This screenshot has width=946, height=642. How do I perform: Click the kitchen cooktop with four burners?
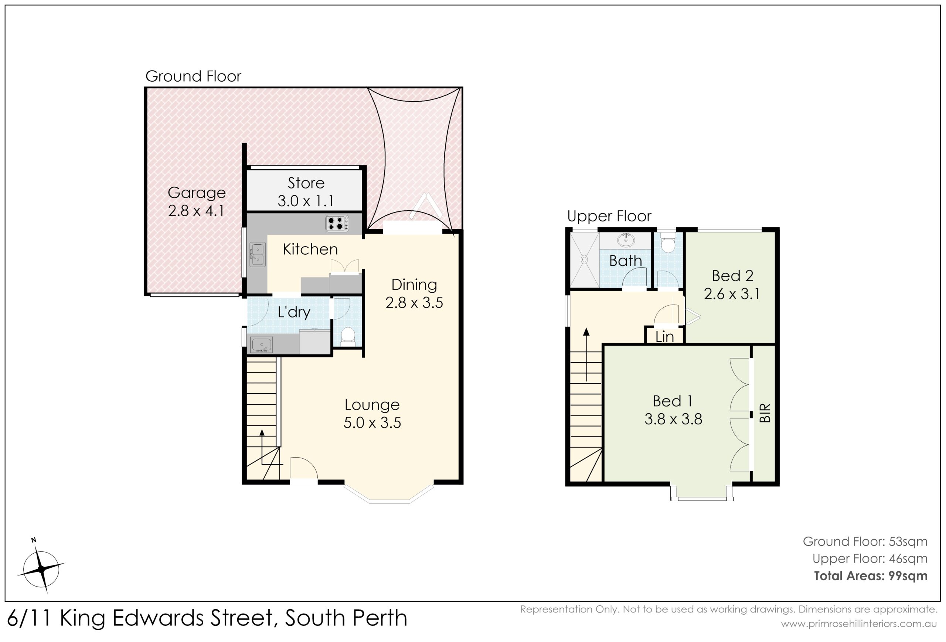(337, 224)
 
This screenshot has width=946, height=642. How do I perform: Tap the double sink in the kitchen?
(258, 255)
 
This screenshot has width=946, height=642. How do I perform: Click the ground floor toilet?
(348, 336)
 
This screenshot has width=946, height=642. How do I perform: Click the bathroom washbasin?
(626, 240)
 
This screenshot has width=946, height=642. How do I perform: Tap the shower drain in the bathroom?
(585, 258)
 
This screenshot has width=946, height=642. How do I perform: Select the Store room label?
(306, 183)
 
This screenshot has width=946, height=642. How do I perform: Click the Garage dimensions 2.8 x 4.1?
(196, 210)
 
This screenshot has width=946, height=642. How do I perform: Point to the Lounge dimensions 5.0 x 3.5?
(372, 422)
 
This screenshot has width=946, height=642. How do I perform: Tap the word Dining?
(414, 285)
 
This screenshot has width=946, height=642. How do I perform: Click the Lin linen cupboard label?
(664, 337)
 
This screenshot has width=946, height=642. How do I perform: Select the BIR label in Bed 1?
(765, 413)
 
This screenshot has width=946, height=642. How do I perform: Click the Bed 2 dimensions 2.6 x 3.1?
(732, 293)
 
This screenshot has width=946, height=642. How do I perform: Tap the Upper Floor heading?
(609, 216)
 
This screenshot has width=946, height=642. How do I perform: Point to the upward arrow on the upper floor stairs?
(586, 354)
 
